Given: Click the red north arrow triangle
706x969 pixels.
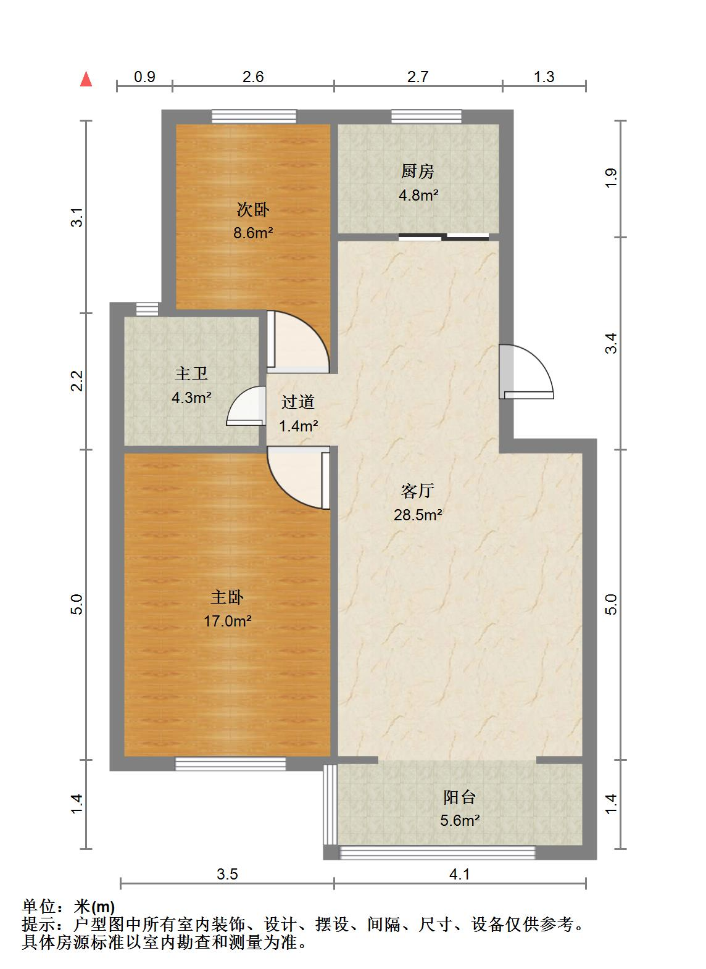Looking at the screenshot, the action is (86, 79).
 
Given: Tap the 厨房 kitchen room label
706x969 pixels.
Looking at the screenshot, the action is (417, 172).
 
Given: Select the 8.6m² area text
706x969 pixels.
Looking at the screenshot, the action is (253, 233).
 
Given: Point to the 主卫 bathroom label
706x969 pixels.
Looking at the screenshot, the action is (191, 373).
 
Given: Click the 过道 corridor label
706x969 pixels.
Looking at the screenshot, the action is (298, 402).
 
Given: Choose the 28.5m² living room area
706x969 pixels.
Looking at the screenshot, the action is (417, 515).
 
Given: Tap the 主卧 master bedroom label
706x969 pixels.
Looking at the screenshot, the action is (227, 597).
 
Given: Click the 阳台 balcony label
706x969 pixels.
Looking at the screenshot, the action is (459, 797).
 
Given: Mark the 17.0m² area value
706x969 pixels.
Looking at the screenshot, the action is (228, 621).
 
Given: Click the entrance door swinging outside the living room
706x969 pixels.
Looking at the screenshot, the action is (526, 371).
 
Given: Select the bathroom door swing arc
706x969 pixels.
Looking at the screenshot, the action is (246, 405).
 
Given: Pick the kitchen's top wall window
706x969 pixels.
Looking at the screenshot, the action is (426, 117).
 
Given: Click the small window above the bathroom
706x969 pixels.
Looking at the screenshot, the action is (147, 309).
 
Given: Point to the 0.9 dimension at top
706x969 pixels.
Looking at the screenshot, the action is (144, 77).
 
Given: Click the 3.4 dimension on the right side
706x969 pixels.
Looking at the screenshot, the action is (611, 343).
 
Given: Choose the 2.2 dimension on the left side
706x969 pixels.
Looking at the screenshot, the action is (77, 381).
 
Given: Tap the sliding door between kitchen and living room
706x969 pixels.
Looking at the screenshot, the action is (444, 236).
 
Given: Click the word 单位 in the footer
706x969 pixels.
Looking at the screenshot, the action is (39, 906).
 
